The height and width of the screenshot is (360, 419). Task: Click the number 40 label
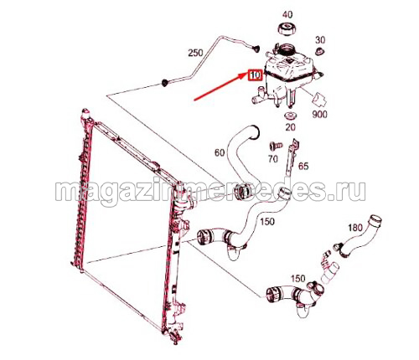[287, 14]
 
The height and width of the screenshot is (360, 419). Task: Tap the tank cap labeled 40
[287, 29]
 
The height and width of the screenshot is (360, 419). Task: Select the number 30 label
[320, 40]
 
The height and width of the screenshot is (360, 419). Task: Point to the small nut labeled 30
[319, 52]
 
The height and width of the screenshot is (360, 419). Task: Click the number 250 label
[195, 53]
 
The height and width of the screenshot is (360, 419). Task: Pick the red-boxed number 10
[255, 75]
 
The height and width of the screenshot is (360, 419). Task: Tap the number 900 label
[320, 115]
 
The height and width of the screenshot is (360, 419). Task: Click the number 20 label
[291, 127]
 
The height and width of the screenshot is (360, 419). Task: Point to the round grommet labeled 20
[290, 116]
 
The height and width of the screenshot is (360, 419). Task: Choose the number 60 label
[220, 152]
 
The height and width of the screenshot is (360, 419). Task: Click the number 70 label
[273, 158]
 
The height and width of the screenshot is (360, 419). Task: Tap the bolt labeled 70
[276, 146]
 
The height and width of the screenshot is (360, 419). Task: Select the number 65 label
[303, 166]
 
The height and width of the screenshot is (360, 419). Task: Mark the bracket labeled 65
[292, 157]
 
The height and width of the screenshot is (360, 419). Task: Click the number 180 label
[355, 228]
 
